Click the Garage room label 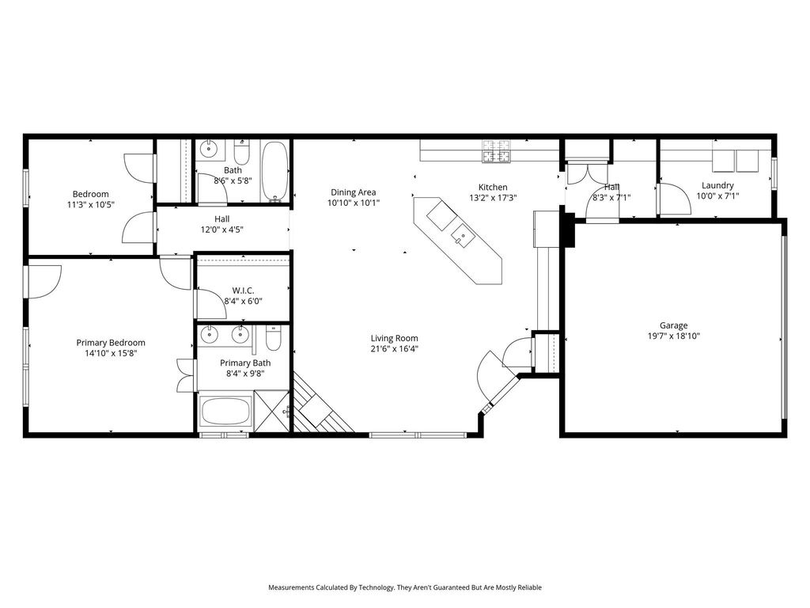click(673, 325)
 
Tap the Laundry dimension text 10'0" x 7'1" click(717, 196)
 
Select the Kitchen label click(493, 187)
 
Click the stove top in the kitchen click(497, 151)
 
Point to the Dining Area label click(354, 192)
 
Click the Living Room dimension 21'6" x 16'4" click(394, 349)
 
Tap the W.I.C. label click(243, 291)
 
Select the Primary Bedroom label click(111, 343)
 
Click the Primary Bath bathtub click(225, 411)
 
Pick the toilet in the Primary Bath click(273, 337)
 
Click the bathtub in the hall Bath click(274, 172)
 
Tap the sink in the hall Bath click(208, 148)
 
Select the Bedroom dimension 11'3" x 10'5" click(90, 204)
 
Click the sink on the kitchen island click(462, 237)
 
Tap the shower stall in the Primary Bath click(272, 411)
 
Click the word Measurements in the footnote click(291, 587)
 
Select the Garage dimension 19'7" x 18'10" click(674, 336)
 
